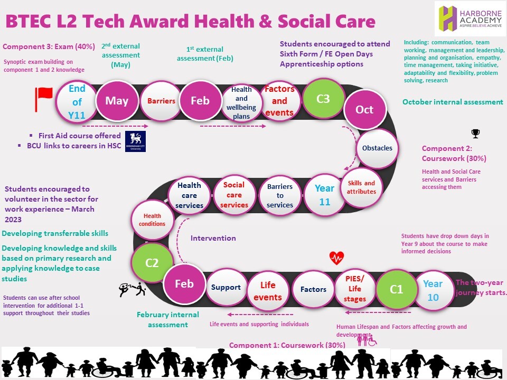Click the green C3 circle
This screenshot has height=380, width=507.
(323, 99)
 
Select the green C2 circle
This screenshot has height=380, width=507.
(152, 262)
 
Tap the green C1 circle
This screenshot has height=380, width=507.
(396, 289)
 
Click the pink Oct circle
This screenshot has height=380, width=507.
(364, 110)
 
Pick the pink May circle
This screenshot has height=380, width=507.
(117, 101)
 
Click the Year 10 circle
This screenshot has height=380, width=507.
(433, 290)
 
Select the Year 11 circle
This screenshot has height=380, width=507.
(324, 195)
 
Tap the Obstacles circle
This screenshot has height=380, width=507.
(377, 148)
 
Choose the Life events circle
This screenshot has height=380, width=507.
(268, 291)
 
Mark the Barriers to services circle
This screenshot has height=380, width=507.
(279, 195)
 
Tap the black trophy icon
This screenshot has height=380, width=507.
(475, 134)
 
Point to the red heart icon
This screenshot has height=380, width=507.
(336, 258)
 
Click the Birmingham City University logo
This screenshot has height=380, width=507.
(135, 141)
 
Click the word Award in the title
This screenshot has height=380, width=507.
(149, 22)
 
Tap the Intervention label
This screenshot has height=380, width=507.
(213, 238)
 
